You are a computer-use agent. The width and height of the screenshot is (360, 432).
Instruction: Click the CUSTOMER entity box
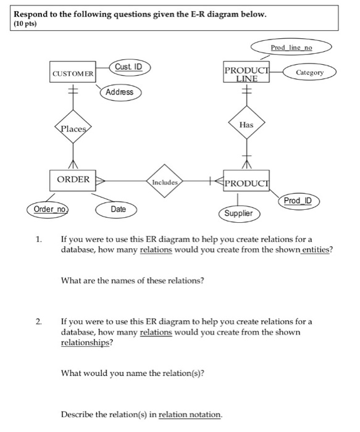(x=73, y=73)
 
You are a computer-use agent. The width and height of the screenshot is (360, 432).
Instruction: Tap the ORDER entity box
(x=73, y=180)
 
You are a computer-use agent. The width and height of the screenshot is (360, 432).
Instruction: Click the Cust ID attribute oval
(x=129, y=67)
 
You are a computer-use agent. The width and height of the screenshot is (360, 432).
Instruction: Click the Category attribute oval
(x=310, y=72)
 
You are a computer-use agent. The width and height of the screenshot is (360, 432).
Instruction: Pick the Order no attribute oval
(x=50, y=209)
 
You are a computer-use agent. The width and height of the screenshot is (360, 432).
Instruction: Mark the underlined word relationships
(x=86, y=343)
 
